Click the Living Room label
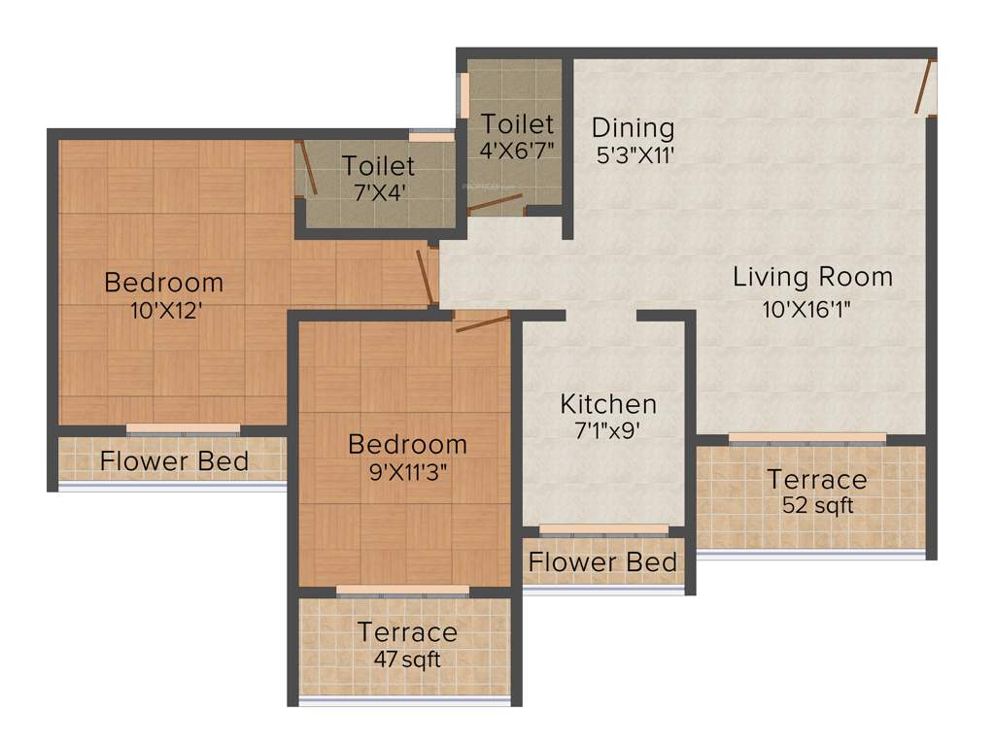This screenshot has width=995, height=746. pos(812,277)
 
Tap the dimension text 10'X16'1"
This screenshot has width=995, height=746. pos(812,310)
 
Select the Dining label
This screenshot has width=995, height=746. pos(633,127)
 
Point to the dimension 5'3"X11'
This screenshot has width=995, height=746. pos(635,153)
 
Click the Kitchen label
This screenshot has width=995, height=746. pos(608,404)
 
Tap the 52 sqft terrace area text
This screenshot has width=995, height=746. pos(817,505)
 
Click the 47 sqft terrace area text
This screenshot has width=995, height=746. pos(407,659)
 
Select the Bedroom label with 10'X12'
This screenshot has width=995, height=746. pos(163,283)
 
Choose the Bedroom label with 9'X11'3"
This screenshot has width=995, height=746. pos(407,445)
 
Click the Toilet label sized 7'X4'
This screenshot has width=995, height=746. pos(378,166)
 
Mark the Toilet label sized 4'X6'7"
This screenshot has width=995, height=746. pos(518,124)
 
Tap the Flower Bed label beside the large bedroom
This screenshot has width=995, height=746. pos(174,461)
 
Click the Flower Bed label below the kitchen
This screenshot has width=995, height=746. pos(602,562)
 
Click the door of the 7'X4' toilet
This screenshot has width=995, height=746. pos(306,167)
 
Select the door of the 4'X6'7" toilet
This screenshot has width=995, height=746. pos(495,205)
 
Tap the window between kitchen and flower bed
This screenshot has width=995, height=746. pos(603,529)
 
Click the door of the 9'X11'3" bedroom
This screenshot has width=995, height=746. pos(482,322)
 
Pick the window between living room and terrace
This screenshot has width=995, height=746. pos(807,437)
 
